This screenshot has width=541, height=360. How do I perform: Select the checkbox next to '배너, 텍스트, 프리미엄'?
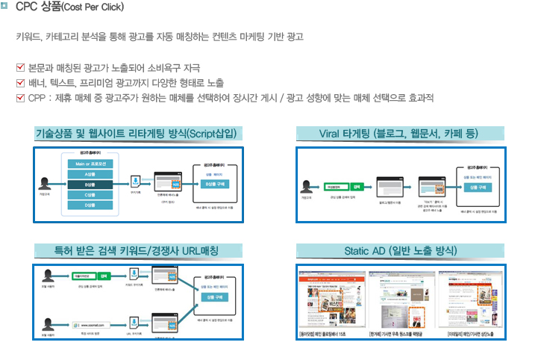[x=20, y=83]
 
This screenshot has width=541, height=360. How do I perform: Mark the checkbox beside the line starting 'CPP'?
[x=20, y=98]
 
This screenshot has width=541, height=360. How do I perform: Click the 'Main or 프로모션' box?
[x=89, y=164]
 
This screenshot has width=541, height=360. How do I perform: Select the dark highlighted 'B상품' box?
[x=89, y=184]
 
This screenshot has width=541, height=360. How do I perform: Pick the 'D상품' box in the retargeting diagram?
[x=89, y=205]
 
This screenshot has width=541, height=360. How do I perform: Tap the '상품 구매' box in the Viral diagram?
[x=477, y=187]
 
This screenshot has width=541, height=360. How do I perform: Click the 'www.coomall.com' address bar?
[x=93, y=326]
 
